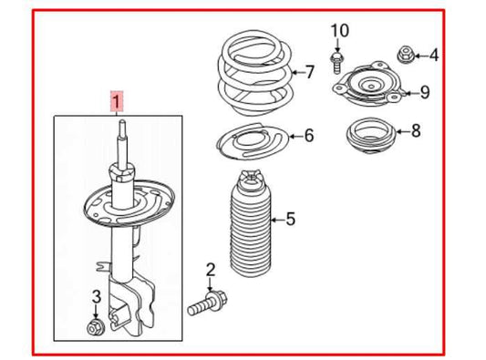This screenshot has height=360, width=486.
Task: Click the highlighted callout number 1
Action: tap(116, 100)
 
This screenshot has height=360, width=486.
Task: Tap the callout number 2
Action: tap(210, 269)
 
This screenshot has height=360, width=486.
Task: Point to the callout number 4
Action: tap(433, 56)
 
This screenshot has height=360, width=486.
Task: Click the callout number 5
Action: tap(290, 219)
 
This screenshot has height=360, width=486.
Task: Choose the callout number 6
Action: tap(308, 136)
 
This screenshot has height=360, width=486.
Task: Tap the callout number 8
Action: tap(415, 130)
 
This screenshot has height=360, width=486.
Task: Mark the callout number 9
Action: tap(422, 91)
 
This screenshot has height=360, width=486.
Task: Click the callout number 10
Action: tap(339, 32)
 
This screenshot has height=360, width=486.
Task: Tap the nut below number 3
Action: tap(95, 325)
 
